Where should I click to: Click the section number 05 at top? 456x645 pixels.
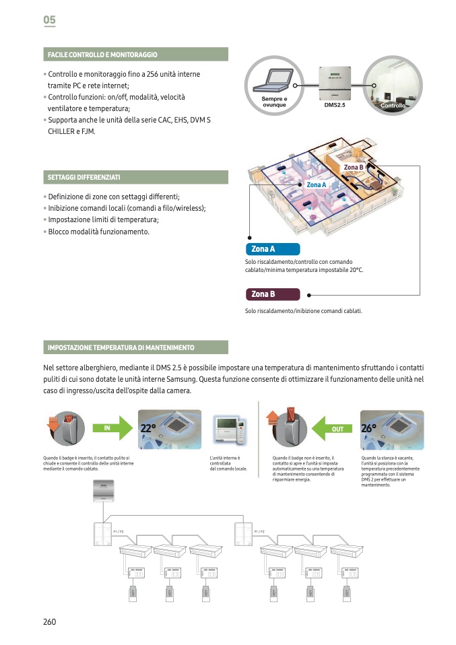pyautogui.click(x=49, y=20)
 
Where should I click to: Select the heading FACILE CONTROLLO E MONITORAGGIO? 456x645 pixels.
pyautogui.click(x=102, y=54)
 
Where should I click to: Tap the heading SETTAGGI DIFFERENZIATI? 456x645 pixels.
pyautogui.click(x=84, y=177)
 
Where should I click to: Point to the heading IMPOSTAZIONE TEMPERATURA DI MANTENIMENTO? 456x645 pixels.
pyautogui.click(x=121, y=347)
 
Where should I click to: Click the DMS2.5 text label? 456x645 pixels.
pyautogui.click(x=334, y=106)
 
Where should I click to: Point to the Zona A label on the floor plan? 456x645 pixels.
pyautogui.click(x=316, y=184)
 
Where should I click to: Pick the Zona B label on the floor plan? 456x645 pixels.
pyautogui.click(x=354, y=167)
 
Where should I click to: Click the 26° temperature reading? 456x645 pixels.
pyautogui.click(x=368, y=428)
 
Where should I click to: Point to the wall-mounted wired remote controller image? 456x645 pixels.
pyautogui.click(x=228, y=429)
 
